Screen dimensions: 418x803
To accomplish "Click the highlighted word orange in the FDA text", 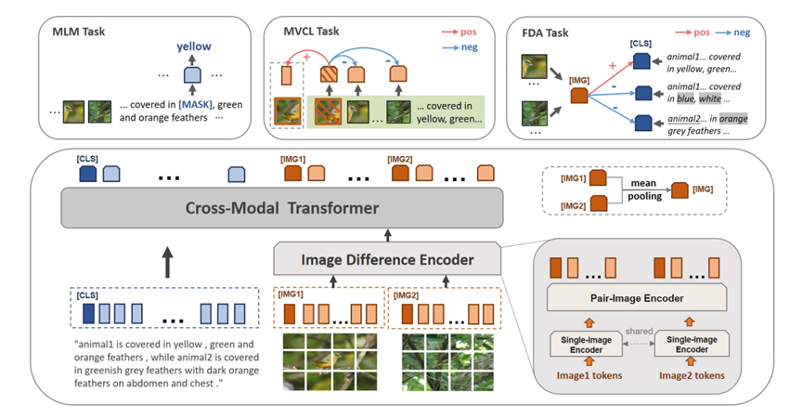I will [x=731, y=118].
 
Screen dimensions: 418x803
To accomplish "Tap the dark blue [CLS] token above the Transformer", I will [x=88, y=173].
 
